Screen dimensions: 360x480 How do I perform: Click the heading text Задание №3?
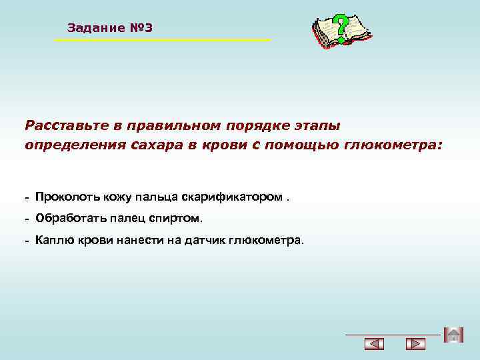point(110,28)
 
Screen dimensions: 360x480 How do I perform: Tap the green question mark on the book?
point(341,29)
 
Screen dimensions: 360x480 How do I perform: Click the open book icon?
point(339,33)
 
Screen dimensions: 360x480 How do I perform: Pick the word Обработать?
point(69,219)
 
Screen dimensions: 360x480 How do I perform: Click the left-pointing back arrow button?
point(375,344)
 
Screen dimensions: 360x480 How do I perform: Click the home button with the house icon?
point(453,335)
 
